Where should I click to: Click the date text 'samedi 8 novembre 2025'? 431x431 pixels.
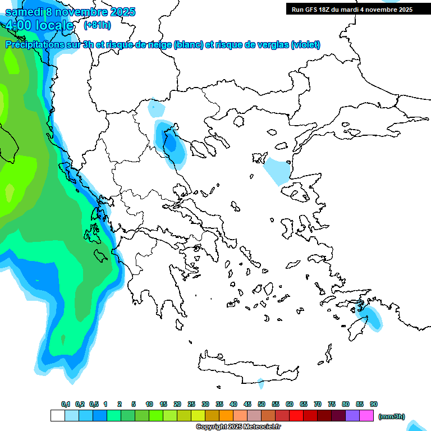tap(71, 12)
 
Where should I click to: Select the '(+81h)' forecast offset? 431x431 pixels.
tap(97, 25)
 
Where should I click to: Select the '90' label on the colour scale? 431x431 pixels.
tap(374, 405)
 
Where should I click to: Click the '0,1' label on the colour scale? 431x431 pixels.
tap(65, 405)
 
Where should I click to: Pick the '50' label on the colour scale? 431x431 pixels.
tap(262, 405)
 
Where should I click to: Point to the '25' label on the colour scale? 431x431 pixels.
tap(191, 405)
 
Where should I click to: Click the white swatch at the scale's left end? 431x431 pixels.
tap(57, 416)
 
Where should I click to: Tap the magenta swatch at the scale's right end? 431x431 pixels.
tap(366, 416)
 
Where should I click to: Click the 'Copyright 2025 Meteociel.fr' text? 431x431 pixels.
tap(238, 427)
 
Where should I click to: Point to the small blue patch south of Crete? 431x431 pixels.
tap(260, 384)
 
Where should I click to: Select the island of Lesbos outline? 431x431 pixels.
tap(298, 194)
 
